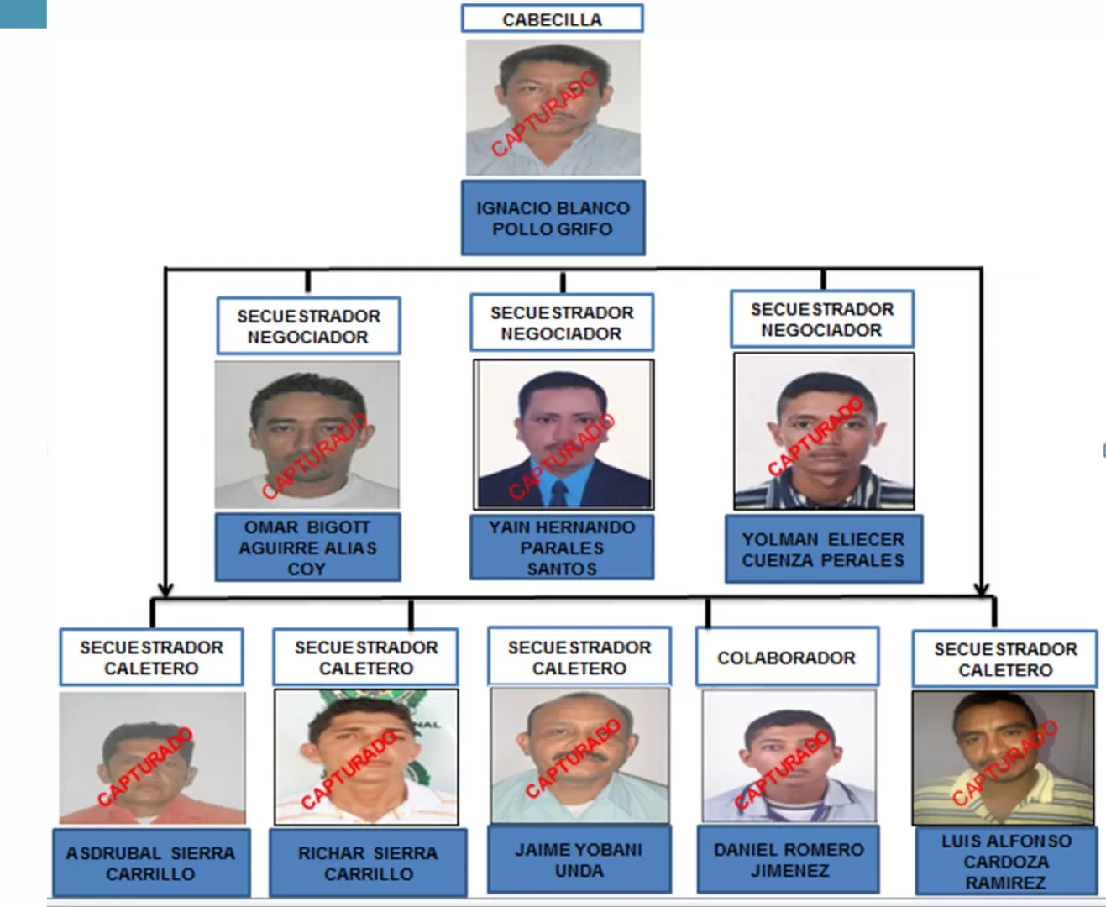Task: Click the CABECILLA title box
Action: (553, 18)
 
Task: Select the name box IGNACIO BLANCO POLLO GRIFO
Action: (553, 218)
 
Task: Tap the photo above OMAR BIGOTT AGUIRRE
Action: (307, 434)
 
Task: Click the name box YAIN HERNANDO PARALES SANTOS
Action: (562, 547)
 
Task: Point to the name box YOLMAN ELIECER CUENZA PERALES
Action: (824, 548)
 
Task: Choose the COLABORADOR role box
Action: (787, 656)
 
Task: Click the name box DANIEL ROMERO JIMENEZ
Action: (789, 859)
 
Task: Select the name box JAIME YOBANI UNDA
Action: (579, 859)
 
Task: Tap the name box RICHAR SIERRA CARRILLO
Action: (368, 862)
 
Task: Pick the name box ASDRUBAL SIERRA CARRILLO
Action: (151, 862)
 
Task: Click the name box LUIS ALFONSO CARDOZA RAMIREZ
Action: (1006, 861)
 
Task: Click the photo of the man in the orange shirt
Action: (152, 758)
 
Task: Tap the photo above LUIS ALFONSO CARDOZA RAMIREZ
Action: (1004, 758)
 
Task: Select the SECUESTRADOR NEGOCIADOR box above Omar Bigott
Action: (308, 326)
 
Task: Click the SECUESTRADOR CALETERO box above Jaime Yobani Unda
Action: (579, 656)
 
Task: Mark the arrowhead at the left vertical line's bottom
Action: (165, 590)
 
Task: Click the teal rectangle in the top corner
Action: (23, 13)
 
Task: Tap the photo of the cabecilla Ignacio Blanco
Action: (553, 107)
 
